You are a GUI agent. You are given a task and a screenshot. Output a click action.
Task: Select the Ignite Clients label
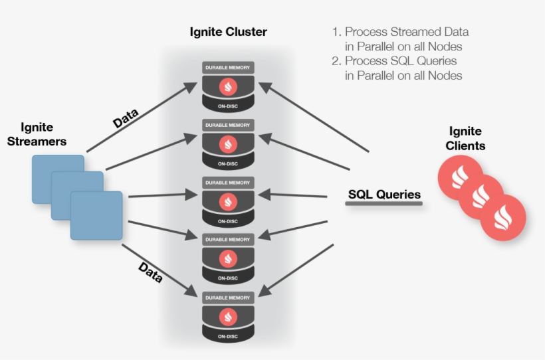click(x=466, y=138)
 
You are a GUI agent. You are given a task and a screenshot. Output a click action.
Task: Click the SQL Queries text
click(x=384, y=194)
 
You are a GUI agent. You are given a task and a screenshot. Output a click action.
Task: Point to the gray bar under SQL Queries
click(x=384, y=204)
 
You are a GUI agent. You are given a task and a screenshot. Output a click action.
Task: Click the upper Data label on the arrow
click(x=126, y=119)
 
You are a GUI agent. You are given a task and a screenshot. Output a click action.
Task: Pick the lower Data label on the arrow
click(x=150, y=271)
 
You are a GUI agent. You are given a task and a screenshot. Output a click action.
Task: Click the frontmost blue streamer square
click(x=96, y=215)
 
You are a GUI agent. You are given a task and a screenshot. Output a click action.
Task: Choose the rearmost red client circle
click(x=461, y=177)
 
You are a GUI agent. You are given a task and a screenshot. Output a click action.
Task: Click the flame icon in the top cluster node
click(x=229, y=87)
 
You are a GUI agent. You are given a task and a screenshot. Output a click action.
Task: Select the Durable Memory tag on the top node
click(x=229, y=67)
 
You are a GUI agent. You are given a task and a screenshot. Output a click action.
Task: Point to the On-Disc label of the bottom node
click(x=229, y=337)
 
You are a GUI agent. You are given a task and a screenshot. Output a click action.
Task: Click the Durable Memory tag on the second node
click(x=229, y=124)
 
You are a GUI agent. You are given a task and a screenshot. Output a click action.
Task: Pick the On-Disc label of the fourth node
click(x=229, y=278)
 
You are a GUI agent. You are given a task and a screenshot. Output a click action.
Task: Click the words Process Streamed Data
click(x=407, y=32)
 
